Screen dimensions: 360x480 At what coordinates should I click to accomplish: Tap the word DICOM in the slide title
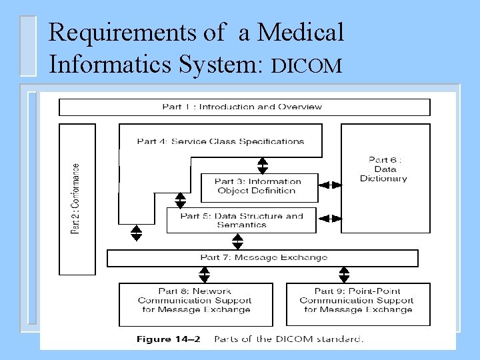pyautogui.click(x=307, y=65)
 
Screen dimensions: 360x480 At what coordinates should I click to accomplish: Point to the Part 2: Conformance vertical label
pyautogui.click(x=77, y=199)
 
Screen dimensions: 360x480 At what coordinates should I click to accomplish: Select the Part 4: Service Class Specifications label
pyautogui.click(x=220, y=141)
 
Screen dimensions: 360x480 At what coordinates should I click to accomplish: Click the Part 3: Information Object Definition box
pyautogui.click(x=257, y=186)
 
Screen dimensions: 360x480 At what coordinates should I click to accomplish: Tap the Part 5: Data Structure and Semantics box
pyautogui.click(x=241, y=220)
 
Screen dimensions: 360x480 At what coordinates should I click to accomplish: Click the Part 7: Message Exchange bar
pyautogui.click(x=263, y=258)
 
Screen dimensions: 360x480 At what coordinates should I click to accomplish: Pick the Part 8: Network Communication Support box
pyautogui.click(x=195, y=301)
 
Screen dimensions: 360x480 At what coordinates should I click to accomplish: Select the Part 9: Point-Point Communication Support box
pyautogui.click(x=357, y=301)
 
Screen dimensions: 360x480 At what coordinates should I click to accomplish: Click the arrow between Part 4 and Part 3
pyautogui.click(x=263, y=165)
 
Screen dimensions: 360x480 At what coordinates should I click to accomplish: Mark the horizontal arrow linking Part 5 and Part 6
pyautogui.click(x=329, y=218)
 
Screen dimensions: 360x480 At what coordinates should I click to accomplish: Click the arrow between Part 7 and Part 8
pyautogui.click(x=204, y=275)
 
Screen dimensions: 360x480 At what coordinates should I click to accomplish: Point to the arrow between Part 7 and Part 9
pyautogui.click(x=344, y=275)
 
